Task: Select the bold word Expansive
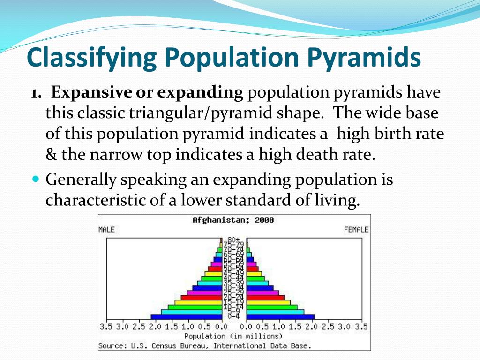pos(91,93)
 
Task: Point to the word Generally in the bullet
pos(81,180)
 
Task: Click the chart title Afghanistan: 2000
pos(233,220)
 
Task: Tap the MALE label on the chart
pos(106,230)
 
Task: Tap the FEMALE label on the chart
pos(356,230)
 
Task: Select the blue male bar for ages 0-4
pos(186,317)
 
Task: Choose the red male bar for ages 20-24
pos(201,297)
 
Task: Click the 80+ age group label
pos(234,240)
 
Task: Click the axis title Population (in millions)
pos(233,336)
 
